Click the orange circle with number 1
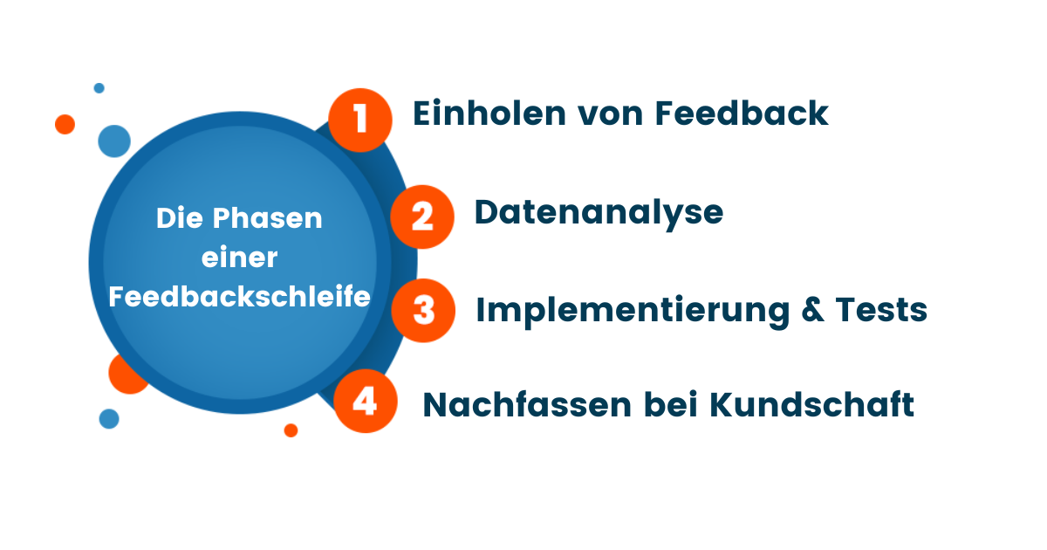point(360,120)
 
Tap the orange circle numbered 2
point(422,217)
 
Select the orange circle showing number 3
point(423,311)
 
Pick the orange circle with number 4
point(366,402)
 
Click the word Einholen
point(489,113)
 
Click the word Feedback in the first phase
point(742,113)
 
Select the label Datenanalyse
point(599,214)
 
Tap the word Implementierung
point(633,311)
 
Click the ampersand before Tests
point(813,310)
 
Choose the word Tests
point(881,310)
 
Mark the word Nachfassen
point(527,404)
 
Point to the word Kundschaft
point(812,404)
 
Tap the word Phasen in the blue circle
point(267,218)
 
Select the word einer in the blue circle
point(239,258)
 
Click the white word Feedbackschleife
point(239,296)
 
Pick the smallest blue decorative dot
point(99,88)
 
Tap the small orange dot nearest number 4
point(291,430)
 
